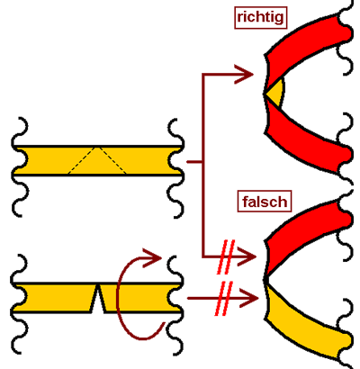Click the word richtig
pyautogui.click(x=260, y=17)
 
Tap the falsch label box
pyautogui.click(x=265, y=202)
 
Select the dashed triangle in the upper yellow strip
pyautogui.click(x=96, y=161)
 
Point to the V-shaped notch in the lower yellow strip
pyautogui.click(x=97, y=299)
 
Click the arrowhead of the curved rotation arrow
pyautogui.click(x=152, y=257)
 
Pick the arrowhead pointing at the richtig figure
pyautogui.click(x=244, y=74)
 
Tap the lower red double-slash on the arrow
pyautogui.click(x=224, y=299)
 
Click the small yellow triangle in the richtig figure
pyautogui.click(x=275, y=93)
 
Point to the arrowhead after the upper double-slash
pyautogui.click(x=247, y=256)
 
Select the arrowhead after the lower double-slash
pyautogui.click(x=248, y=298)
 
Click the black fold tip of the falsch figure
pyautogui.click(x=266, y=279)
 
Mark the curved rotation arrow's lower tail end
pyautogui.click(x=164, y=323)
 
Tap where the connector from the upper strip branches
pyautogui.click(x=203, y=162)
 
